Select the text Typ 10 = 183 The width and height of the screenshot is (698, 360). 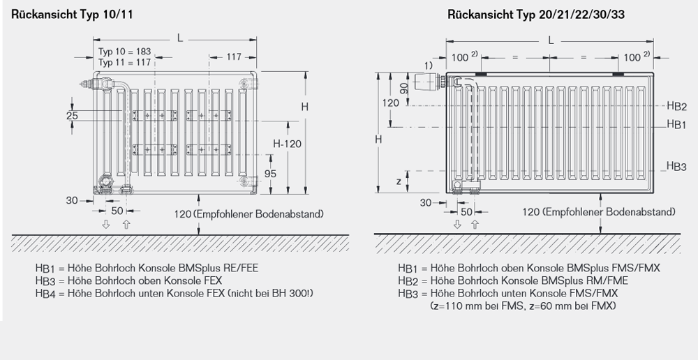123,52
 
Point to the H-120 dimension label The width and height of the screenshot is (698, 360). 287,144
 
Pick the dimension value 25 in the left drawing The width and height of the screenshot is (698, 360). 72,116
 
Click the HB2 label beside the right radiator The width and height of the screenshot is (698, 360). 676,106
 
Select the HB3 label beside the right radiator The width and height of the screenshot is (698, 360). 676,167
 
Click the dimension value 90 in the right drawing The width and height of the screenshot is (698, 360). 404,89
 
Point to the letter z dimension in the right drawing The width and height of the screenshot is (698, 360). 398,181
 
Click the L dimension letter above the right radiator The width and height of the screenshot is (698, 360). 551,40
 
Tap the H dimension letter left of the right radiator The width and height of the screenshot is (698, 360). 378,140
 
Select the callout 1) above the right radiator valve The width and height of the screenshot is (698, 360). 428,65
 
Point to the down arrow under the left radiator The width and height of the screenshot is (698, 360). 106,224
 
